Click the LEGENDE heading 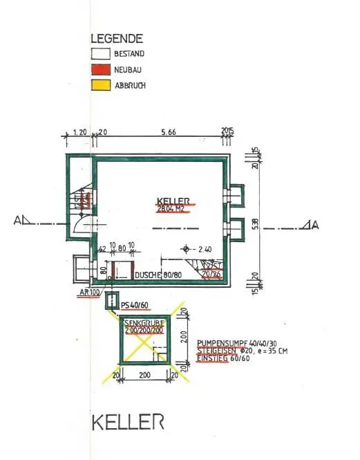tap(117, 39)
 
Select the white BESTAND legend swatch tap(101, 54)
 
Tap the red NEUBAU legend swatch tap(101, 70)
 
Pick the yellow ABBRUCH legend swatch tap(101, 86)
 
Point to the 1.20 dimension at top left tap(78, 130)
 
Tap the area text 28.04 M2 tap(172, 208)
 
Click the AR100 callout tap(88, 293)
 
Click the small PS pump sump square tap(111, 301)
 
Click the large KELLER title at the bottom tap(128, 421)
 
